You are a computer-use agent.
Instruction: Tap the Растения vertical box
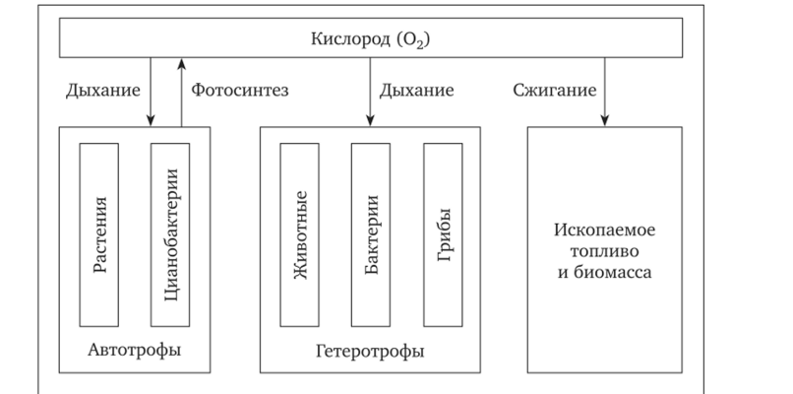tap(99, 234)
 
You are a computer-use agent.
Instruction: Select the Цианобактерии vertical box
tap(170, 234)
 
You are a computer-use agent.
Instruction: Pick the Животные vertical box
tap(301, 234)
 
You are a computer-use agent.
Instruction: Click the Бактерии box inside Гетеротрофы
tap(371, 234)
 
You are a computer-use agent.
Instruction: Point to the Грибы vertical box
tap(443, 234)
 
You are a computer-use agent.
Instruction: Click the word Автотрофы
tap(135, 350)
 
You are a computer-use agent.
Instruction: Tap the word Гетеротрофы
tap(370, 351)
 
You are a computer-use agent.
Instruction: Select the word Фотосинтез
tap(237, 91)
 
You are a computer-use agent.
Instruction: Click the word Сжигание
tap(554, 91)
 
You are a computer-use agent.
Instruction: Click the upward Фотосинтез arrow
tap(182, 94)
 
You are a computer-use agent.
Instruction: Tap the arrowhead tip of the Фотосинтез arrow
tap(182, 60)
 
